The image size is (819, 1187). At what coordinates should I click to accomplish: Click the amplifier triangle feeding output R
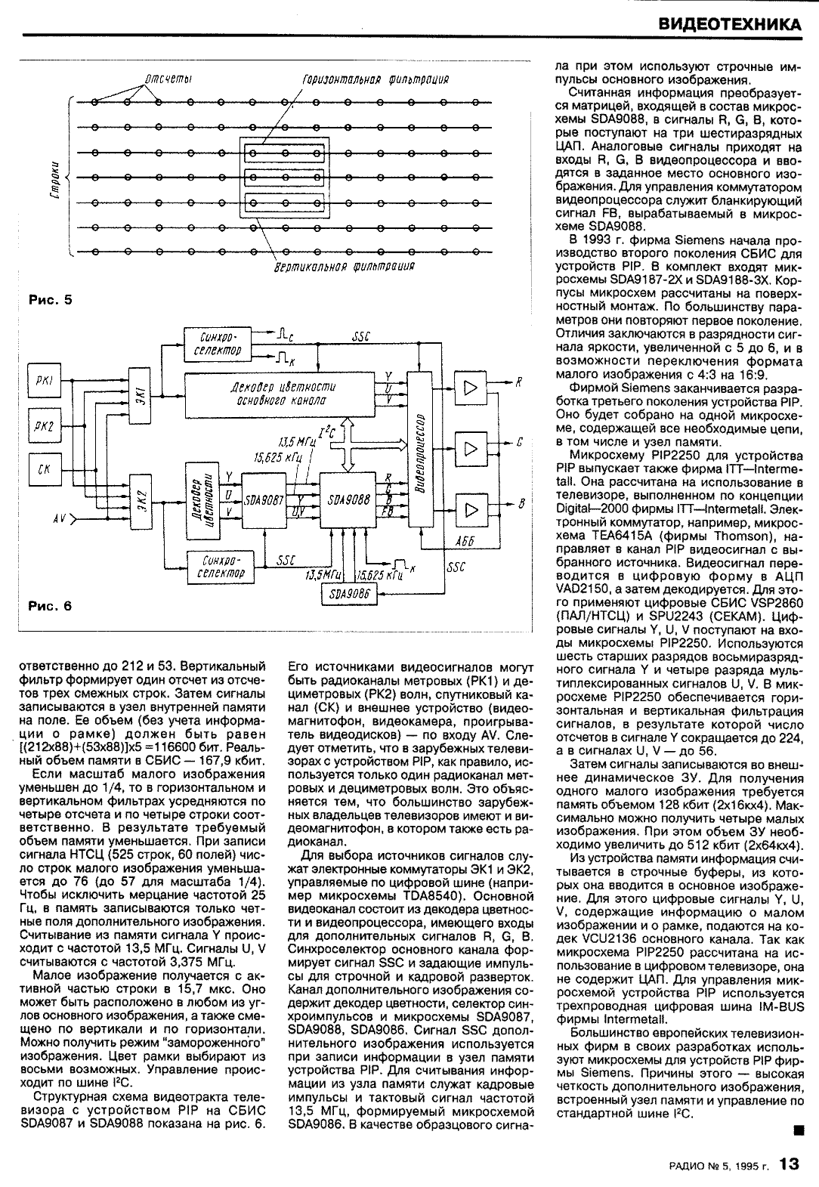click(471, 388)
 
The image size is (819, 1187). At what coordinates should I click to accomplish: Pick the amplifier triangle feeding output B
click(471, 512)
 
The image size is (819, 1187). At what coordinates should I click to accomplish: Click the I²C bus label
click(329, 433)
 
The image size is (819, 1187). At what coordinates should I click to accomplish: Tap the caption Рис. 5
click(50, 300)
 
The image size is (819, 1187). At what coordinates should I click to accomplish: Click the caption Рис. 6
click(50, 605)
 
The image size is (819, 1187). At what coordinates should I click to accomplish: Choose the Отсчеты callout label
click(166, 79)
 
